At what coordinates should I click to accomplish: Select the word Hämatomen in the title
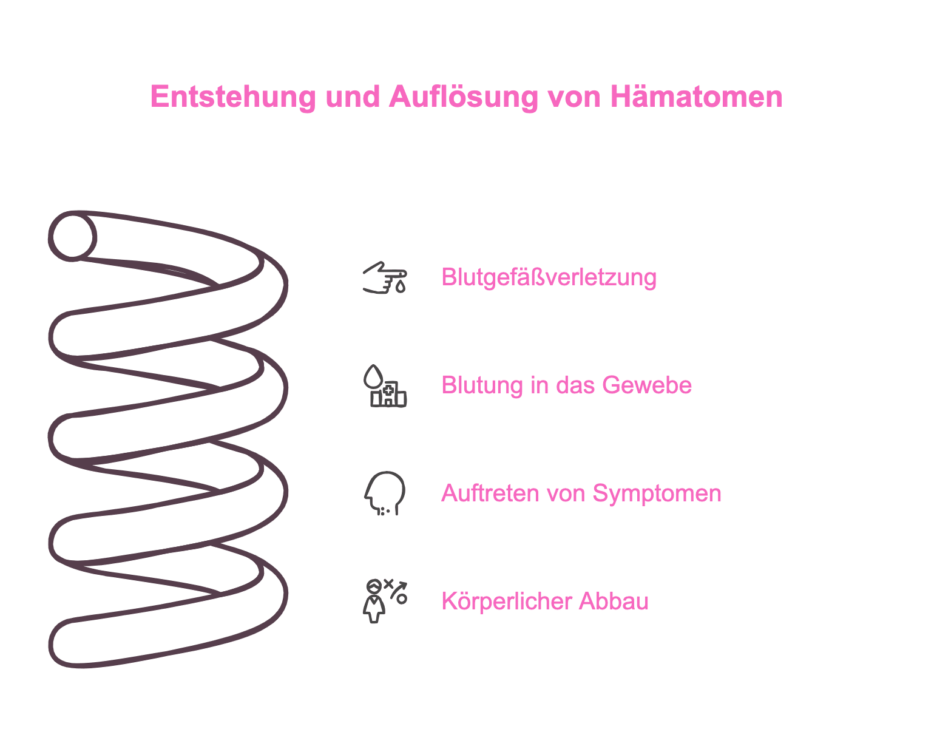click(696, 97)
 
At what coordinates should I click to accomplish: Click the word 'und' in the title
click(353, 97)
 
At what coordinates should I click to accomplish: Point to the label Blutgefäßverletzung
click(549, 278)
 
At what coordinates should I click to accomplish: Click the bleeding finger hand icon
click(385, 277)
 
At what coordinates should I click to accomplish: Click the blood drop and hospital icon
click(385, 386)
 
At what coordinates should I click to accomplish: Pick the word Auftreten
click(489, 493)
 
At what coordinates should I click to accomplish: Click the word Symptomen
click(657, 494)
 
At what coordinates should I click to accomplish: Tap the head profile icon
click(385, 493)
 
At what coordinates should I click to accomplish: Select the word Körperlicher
click(506, 601)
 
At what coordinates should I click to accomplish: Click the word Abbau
click(614, 601)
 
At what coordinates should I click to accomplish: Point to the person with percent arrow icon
click(385, 601)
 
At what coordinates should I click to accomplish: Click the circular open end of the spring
click(72, 237)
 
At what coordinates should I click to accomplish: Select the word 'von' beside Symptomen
click(564, 494)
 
